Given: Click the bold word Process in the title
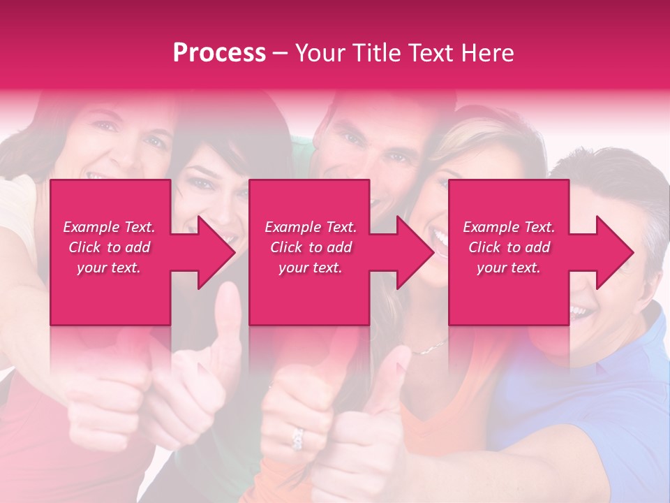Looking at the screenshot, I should click(x=219, y=53).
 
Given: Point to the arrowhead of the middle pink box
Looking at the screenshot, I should click(x=414, y=252).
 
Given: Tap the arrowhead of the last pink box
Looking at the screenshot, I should click(x=613, y=252).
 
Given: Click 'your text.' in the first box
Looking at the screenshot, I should click(x=109, y=268).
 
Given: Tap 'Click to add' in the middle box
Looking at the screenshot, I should click(x=311, y=247).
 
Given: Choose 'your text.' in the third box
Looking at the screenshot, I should click(x=509, y=268).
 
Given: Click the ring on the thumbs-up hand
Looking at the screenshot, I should click(x=298, y=439).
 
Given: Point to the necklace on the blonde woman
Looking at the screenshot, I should click(x=430, y=347).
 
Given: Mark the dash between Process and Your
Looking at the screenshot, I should click(x=280, y=54).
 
